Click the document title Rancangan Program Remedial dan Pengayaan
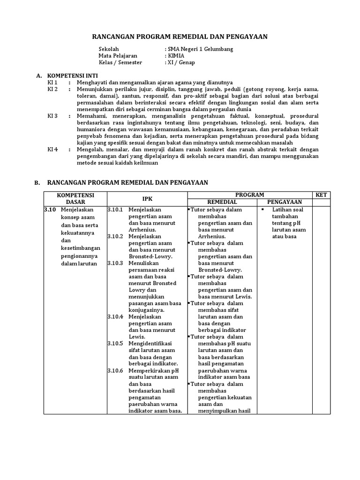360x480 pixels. pos(180,37)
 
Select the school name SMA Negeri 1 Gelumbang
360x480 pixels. pos(200,49)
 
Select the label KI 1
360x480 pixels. pos(52,82)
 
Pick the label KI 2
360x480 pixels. pos(52,89)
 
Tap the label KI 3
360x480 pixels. pos(52,116)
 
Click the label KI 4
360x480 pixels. pos(52,150)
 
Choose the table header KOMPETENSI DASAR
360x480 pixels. pos(75,198)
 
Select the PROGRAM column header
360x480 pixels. pos(249,195)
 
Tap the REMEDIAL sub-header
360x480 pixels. pos(222,202)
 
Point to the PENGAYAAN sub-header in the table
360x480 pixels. pos(284,202)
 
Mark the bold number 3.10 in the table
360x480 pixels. pos(50,210)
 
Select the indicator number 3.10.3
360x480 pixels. pos(115,263)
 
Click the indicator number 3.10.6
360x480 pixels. pos(115,370)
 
